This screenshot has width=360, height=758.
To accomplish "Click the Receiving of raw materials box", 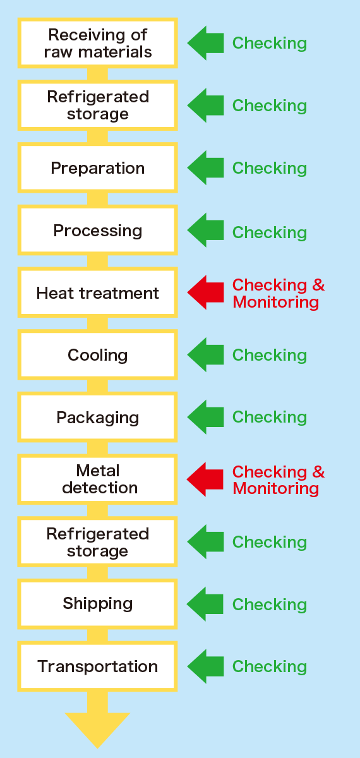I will click(97, 43).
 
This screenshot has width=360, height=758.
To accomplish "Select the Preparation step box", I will click(97, 168).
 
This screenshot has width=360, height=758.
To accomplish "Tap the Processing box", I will click(97, 231).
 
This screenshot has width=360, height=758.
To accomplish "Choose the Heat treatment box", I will click(97, 293).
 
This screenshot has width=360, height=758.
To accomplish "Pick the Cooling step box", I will click(97, 355).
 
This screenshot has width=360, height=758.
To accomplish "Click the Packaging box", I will click(97, 418).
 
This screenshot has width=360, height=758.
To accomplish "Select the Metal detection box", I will click(97, 479).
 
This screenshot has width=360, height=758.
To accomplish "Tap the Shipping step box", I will click(97, 604).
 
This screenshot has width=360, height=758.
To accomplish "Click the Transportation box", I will click(97, 666).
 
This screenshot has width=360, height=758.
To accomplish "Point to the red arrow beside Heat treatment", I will click(205, 292).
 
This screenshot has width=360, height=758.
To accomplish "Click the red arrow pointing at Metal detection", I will click(205, 479).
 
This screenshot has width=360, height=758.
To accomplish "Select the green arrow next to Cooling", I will click(205, 355).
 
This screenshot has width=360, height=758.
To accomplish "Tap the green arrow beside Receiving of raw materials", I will click(205, 43).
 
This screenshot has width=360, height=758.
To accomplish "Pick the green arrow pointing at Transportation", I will click(205, 666).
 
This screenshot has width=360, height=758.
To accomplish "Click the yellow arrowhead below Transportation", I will click(97, 726).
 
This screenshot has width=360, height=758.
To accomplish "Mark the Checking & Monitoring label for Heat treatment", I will click(278, 293).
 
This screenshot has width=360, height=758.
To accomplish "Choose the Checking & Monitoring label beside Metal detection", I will click(278, 480).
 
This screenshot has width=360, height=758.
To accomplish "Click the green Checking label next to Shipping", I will click(270, 605).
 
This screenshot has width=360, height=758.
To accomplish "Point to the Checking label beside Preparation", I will click(270, 168).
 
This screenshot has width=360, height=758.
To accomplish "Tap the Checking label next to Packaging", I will click(270, 417).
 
